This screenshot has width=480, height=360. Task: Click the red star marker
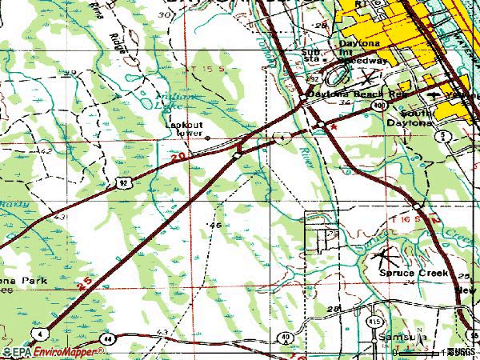(335, 126)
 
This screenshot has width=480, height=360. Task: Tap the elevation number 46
(214, 226)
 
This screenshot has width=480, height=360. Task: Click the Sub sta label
(310, 54)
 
